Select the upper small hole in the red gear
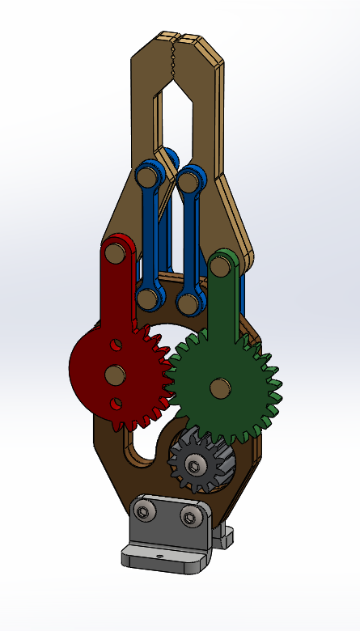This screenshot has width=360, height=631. (116, 344)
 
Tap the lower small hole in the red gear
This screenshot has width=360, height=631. (116, 402)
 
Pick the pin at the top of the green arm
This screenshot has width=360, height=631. (220, 266)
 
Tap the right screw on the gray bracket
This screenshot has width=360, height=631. (189, 517)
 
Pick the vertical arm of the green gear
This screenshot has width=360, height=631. (222, 307)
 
